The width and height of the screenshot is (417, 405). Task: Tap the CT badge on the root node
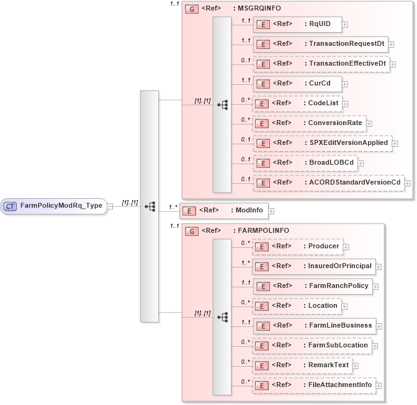point(11,206)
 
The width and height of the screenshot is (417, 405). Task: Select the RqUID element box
point(297,24)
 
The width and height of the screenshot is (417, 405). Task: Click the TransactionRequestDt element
point(320,44)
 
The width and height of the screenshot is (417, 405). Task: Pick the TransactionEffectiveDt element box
point(321,64)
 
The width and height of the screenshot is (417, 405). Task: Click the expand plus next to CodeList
point(345,103)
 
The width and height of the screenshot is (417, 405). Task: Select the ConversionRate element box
point(308,123)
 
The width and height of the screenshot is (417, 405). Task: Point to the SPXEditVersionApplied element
point(322,142)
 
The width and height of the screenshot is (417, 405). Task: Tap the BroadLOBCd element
point(304,162)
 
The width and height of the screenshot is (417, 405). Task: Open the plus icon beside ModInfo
point(271,211)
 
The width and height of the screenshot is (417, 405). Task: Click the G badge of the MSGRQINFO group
point(192,8)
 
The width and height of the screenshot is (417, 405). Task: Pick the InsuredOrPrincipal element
point(313,266)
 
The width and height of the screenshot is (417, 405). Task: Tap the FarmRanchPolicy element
point(312,285)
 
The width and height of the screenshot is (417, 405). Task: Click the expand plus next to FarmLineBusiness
point(379,326)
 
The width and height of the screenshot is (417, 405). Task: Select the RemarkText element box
point(302,365)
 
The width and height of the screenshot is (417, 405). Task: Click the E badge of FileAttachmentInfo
point(262,385)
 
